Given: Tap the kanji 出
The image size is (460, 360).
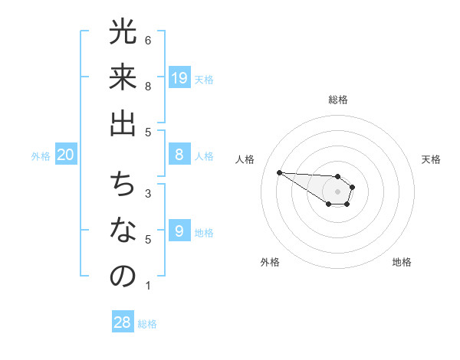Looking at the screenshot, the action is tap(123, 123).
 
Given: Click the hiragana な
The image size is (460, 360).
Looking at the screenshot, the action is tap(123, 231).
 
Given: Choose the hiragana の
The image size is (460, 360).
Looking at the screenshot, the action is tap(123, 277).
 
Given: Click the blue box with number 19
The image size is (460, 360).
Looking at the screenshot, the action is tap(179, 77).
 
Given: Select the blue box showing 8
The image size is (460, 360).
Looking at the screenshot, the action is tap(179, 155).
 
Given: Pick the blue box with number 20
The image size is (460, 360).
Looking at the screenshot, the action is tap(66, 155).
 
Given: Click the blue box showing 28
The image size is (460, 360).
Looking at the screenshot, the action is tap(123, 322).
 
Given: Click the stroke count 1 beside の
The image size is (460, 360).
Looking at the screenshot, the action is tap(148, 286).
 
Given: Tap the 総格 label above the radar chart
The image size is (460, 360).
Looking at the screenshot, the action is tap(338, 100).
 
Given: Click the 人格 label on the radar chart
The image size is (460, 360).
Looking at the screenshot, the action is tap(245, 159).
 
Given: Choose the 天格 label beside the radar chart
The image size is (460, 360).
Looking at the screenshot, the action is tap(431, 159).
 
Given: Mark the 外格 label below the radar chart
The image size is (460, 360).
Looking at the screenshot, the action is tap(270, 262).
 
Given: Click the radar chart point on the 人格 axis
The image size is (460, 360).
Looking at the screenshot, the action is tap(279, 172).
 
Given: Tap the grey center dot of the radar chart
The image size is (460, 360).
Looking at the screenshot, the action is tap(338, 191).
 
